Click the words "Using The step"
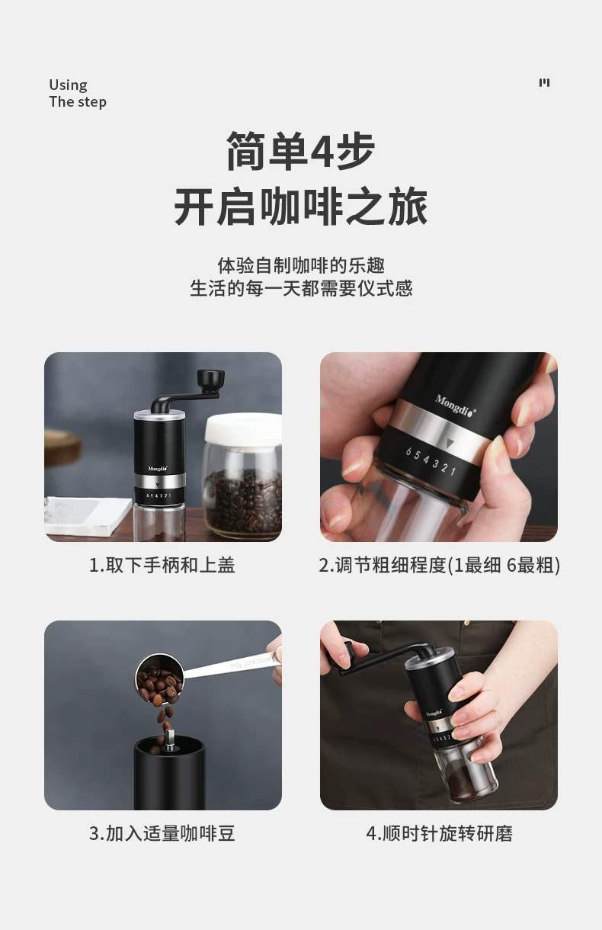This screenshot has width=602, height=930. tap(78, 94)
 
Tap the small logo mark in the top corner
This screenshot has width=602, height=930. tap(544, 82)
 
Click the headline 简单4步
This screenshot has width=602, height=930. tap(300, 151)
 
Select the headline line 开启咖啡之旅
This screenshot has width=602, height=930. tap(300, 207)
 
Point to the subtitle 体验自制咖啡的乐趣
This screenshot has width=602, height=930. tap(301, 266)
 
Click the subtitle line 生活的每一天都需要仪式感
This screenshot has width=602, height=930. tap(301, 288)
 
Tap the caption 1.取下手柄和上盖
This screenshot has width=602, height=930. tap(162, 565)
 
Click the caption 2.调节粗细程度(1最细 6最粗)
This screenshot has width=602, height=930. tap(439, 565)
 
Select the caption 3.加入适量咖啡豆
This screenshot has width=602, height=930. tap(162, 833)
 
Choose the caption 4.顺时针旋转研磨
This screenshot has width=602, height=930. tap(439, 833)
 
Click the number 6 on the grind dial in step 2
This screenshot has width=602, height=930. tap(408, 452)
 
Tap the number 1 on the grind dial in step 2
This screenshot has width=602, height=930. tap(453, 470)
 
